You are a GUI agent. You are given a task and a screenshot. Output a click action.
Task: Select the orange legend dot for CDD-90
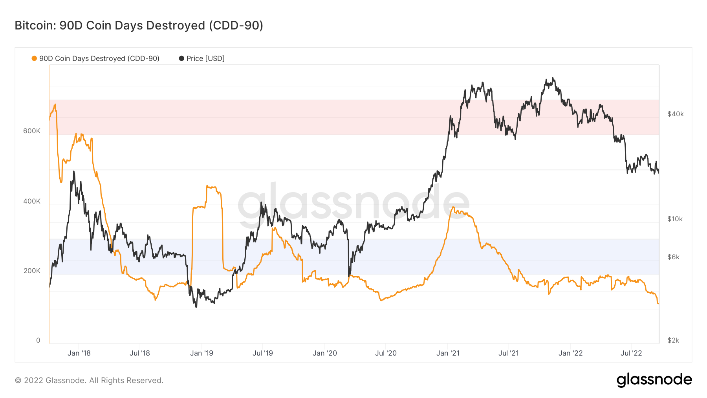tap(34, 59)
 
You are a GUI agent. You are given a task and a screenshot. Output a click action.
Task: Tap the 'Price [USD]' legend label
tap(205, 59)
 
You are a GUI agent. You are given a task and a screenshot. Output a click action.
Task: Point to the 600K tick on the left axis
tap(32, 131)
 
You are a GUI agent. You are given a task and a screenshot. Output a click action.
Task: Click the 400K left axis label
tap(32, 201)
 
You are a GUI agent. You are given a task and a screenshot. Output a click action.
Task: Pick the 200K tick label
tap(32, 271)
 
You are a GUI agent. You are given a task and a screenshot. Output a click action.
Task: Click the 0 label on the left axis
tap(38, 340)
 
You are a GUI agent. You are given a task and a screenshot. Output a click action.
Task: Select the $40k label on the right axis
tap(676, 114)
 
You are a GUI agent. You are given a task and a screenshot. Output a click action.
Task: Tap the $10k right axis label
tap(675, 219)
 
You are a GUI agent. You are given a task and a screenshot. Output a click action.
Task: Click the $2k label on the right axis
tap(673, 340)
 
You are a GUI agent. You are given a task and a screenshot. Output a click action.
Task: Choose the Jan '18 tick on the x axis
tap(79, 353)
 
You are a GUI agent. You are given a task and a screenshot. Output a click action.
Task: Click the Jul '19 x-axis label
tap(263, 353)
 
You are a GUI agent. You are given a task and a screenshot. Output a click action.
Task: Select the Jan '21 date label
tap(448, 353)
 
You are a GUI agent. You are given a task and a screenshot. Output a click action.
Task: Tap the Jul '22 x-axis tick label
tap(631, 353)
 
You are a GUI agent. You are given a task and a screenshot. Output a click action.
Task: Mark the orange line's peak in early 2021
tap(453, 207)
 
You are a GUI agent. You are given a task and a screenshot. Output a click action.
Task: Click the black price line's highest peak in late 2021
tap(553, 78)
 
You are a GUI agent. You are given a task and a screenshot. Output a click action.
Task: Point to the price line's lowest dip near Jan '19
tap(196, 307)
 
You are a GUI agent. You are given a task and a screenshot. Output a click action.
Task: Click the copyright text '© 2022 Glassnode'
tap(89, 380)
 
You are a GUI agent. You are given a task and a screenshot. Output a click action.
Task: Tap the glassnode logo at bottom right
tap(654, 380)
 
